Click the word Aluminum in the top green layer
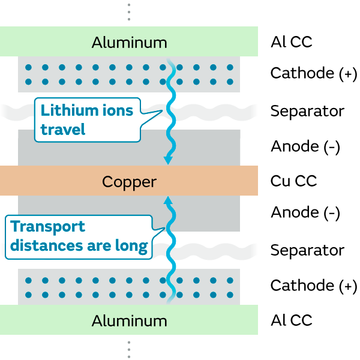(x=129, y=43)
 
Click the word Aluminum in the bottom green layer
(x=129, y=320)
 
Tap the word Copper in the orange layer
(x=129, y=181)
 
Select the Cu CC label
(x=293, y=181)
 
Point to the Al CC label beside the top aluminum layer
(x=291, y=43)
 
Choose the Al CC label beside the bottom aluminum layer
(x=291, y=320)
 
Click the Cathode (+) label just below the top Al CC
(x=313, y=73)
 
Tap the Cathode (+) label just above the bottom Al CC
(x=313, y=286)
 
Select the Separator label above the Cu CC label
(x=307, y=111)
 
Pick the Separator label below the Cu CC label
(x=307, y=250)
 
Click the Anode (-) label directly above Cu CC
(x=305, y=146)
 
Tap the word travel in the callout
(x=63, y=128)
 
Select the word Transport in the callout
(x=48, y=227)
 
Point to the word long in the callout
(x=133, y=246)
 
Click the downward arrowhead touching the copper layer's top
(x=169, y=160)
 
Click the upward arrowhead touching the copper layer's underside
(x=169, y=201)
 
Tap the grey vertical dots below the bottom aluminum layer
(x=128, y=349)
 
